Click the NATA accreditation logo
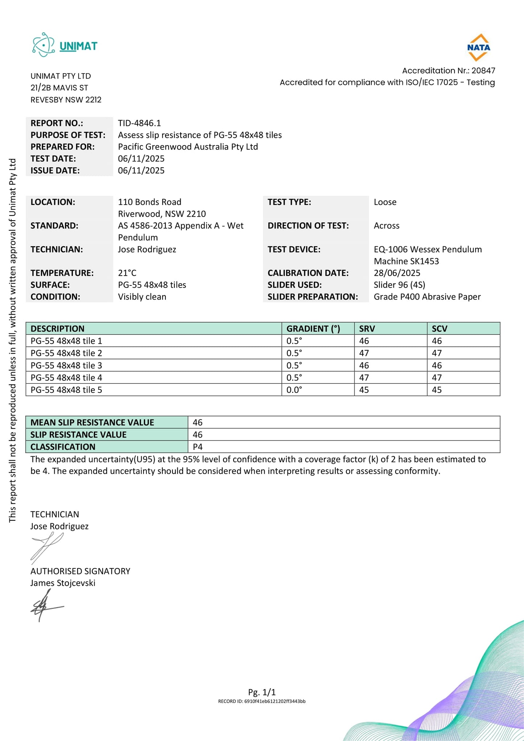pos(478,47)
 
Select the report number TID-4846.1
pos(139,123)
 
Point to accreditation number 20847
pos(483,70)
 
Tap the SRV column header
pos(367,329)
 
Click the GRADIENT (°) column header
pos(313,329)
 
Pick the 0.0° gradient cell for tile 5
pos(294,390)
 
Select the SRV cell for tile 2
pos(364,353)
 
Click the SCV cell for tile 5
pos(437,390)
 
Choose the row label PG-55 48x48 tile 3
pos(66,365)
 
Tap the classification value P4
pos(198,447)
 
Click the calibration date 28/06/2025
pos(397,273)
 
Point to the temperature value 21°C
pos(127,273)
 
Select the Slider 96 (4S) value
pos(399,285)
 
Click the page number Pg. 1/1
pos(262,692)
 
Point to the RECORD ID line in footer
pos(262,701)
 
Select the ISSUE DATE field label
pos(55,170)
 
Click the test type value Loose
pos(385,202)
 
